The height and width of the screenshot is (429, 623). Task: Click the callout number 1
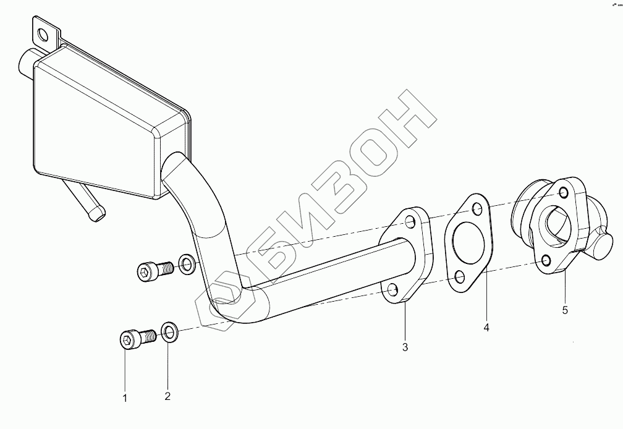tap(125, 398)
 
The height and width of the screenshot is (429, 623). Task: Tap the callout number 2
tap(167, 396)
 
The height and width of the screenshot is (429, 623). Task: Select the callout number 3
tap(405, 347)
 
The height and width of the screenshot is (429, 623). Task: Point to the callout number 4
tap(486, 328)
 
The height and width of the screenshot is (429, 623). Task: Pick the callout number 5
tap(565, 310)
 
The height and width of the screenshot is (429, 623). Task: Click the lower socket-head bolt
tap(138, 339)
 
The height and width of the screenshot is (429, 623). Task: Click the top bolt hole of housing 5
tap(564, 193)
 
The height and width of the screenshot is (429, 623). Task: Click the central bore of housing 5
tap(554, 227)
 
